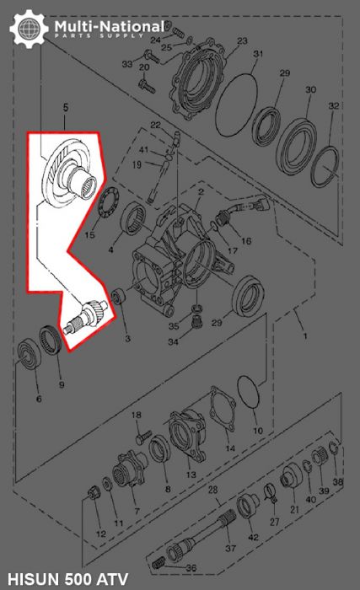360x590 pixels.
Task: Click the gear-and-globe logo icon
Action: coord(28,29)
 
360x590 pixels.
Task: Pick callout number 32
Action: coord(334,106)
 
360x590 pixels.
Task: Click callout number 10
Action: coord(258,431)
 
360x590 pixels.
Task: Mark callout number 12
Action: coord(100,534)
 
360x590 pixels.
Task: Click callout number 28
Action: coord(213,490)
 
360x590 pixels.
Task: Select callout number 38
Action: coord(338,482)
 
